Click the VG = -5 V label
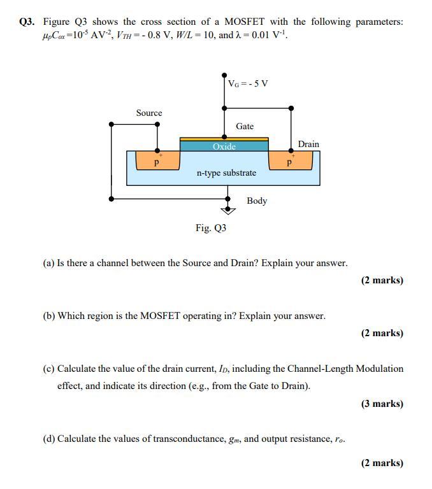(x=248, y=83)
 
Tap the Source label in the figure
(x=149, y=113)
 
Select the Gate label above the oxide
(x=245, y=126)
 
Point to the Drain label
(x=308, y=144)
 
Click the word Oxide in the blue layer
(x=224, y=146)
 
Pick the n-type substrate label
(x=226, y=173)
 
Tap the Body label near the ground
(x=257, y=201)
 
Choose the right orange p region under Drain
(x=290, y=161)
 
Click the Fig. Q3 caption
(x=211, y=227)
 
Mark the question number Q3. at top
(x=27, y=22)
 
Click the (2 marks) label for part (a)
(x=382, y=280)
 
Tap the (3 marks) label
(x=382, y=403)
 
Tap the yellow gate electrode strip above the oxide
(x=224, y=138)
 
